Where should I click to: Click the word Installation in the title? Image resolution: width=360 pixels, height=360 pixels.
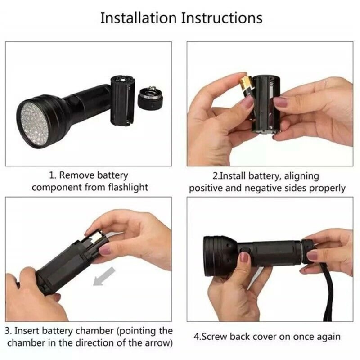(x=138, y=18)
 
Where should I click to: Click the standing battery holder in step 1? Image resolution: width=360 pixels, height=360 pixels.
(x=123, y=99)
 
